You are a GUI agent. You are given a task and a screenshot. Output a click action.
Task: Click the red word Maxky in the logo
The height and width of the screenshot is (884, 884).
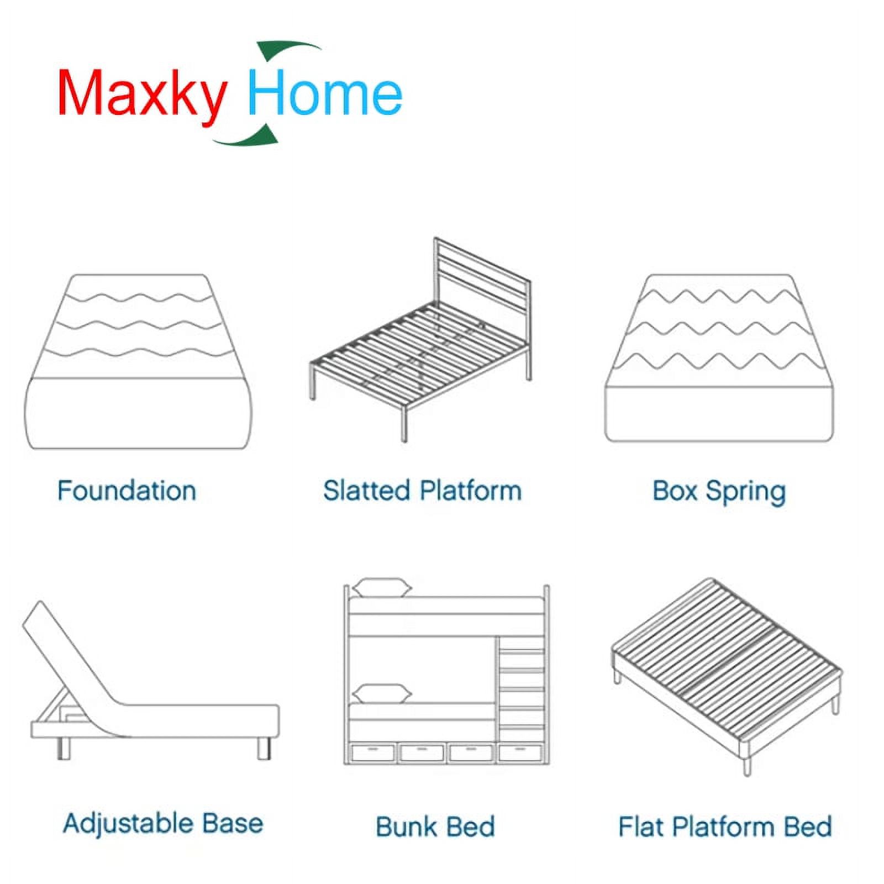(142, 93)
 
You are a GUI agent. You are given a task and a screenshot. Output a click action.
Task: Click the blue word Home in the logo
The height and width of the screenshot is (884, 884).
(325, 91)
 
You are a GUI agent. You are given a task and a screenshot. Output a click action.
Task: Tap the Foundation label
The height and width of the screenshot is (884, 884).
(127, 491)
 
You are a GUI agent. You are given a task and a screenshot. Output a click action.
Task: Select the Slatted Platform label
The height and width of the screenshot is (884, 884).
(423, 491)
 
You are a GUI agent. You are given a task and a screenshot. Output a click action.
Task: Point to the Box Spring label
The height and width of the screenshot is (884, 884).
(719, 492)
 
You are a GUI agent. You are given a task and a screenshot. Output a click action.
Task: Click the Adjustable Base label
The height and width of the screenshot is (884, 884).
(163, 823)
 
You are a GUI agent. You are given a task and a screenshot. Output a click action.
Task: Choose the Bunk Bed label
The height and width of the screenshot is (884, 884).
(435, 827)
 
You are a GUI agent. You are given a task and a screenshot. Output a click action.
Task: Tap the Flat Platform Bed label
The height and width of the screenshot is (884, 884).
(725, 827)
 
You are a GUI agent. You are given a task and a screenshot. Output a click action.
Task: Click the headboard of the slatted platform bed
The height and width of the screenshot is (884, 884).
(482, 276)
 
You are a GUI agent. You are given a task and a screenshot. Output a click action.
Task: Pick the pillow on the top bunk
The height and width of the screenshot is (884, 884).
(382, 587)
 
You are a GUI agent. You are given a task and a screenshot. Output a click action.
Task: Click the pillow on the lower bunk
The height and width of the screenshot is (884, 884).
(382, 693)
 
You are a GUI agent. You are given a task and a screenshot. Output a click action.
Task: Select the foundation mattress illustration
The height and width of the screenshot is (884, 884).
(138, 361)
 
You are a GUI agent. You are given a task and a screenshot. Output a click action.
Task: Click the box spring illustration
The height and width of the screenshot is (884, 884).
(719, 358)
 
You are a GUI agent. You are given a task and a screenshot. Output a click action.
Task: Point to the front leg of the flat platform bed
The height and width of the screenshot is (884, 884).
(747, 765)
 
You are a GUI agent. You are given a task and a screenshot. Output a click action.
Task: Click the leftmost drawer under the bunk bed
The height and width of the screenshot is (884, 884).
(373, 753)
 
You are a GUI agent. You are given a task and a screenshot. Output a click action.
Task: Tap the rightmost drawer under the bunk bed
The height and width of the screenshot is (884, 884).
(520, 753)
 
